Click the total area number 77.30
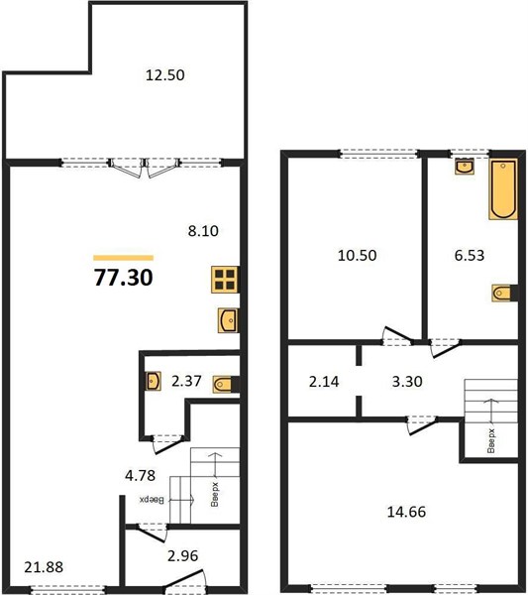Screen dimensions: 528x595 pyautogui.click(x=124, y=277)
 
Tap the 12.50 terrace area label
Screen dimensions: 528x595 pyautogui.click(x=165, y=74)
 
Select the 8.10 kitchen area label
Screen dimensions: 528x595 pyautogui.click(x=203, y=231)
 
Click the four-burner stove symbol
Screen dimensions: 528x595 pyautogui.click(x=225, y=280)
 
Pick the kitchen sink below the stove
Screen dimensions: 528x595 pyautogui.click(x=228, y=320)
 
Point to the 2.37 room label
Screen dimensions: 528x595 pyautogui.click(x=186, y=381)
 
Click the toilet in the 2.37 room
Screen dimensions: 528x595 pyautogui.click(x=226, y=385)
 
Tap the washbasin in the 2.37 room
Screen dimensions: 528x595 pyautogui.click(x=154, y=381)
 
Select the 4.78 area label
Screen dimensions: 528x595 pyautogui.click(x=141, y=475)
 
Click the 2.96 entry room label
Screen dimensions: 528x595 pyautogui.click(x=182, y=556)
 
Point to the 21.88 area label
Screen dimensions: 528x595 pyautogui.click(x=44, y=567)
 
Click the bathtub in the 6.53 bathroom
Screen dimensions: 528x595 pyautogui.click(x=503, y=189)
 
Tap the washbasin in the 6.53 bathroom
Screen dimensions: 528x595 pyautogui.click(x=465, y=167)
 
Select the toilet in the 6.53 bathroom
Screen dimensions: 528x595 pyautogui.click(x=504, y=293)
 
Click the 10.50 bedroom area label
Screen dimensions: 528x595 pyautogui.click(x=357, y=255)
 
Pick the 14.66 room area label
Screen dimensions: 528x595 pyautogui.click(x=406, y=512)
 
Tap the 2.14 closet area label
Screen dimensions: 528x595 pyautogui.click(x=324, y=382)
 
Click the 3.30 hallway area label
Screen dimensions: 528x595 pyautogui.click(x=407, y=382)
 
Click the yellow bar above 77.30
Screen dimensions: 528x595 pyautogui.click(x=124, y=258)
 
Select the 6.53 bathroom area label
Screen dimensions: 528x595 pyautogui.click(x=470, y=255)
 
